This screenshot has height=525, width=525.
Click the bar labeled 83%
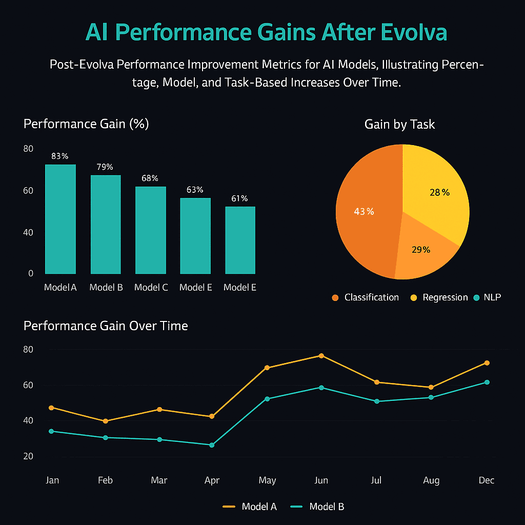[60, 219]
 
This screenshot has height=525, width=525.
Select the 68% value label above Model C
[150, 178]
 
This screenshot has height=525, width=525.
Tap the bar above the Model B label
[106, 225]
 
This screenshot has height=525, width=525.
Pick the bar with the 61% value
[240, 240]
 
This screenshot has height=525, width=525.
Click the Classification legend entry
[366, 297]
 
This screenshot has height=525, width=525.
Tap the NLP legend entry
[487, 297]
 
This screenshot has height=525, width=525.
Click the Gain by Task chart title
[399, 124]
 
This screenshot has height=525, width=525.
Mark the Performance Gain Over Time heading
[106, 326]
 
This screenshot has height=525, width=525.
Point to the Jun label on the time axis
[321, 480]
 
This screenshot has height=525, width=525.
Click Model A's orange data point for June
[321, 355]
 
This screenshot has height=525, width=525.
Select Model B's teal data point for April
[212, 445]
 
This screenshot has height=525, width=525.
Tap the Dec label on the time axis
[487, 480]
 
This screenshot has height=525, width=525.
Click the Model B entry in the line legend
[318, 507]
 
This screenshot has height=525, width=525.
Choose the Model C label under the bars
[151, 288]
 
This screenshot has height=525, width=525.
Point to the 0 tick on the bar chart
[31, 273]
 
